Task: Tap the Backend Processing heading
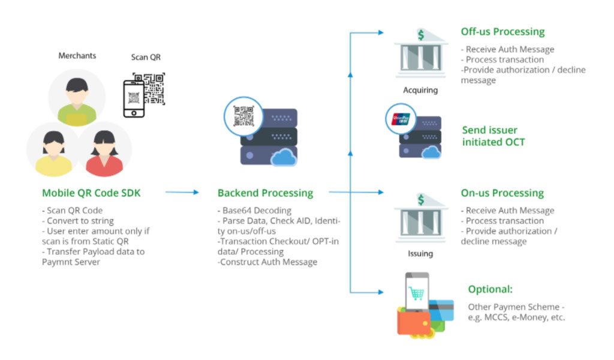coord(265,193)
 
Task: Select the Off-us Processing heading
coord(502,32)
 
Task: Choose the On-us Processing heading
coord(502,193)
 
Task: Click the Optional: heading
coord(490,289)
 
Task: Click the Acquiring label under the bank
coord(420,91)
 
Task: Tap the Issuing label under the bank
coord(420,254)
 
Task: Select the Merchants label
coord(77,56)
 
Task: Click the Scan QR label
coord(146,58)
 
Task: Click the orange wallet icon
coord(414,322)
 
